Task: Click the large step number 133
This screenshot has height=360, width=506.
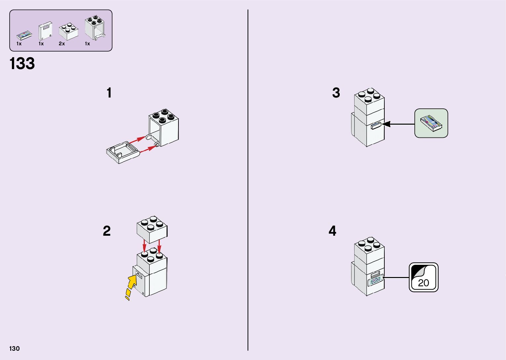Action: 22,63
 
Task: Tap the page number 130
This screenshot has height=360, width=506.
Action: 15,348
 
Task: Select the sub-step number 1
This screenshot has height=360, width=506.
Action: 109,93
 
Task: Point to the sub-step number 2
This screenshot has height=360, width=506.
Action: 106,231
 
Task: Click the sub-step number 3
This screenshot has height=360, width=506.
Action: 336,93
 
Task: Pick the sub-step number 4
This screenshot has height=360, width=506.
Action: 332,231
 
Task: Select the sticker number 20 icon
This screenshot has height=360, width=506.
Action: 423,277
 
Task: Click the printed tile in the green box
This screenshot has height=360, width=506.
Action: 431,123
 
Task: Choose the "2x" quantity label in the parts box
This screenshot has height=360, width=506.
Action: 62,44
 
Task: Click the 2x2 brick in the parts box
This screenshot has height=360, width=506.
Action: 69,31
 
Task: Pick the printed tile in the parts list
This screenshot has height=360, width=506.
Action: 24,35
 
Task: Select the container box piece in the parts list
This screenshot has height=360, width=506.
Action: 95,27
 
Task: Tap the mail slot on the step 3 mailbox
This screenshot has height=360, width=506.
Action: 376,126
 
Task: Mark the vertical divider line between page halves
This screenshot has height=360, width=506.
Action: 248,180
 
